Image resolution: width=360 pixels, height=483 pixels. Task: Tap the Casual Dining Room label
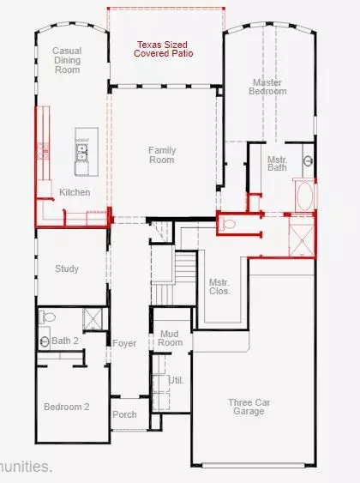click(66, 60)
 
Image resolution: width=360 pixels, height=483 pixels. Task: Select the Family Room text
click(161, 154)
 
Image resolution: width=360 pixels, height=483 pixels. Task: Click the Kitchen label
click(75, 192)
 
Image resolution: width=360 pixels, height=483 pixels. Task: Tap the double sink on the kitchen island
click(82, 152)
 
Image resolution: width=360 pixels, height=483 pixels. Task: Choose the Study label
click(67, 269)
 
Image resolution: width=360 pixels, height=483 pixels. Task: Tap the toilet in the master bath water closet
click(228, 224)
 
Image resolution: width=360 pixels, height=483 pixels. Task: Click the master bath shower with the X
click(302, 232)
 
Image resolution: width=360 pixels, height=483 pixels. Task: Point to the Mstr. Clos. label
click(219, 286)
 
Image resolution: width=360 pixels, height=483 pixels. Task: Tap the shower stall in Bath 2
click(93, 319)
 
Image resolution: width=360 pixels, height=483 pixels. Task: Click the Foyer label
click(124, 343)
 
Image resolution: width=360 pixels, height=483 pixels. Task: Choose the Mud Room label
click(171, 338)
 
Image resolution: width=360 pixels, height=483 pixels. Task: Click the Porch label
click(124, 414)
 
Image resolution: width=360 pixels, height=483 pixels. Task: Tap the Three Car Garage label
click(250, 407)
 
